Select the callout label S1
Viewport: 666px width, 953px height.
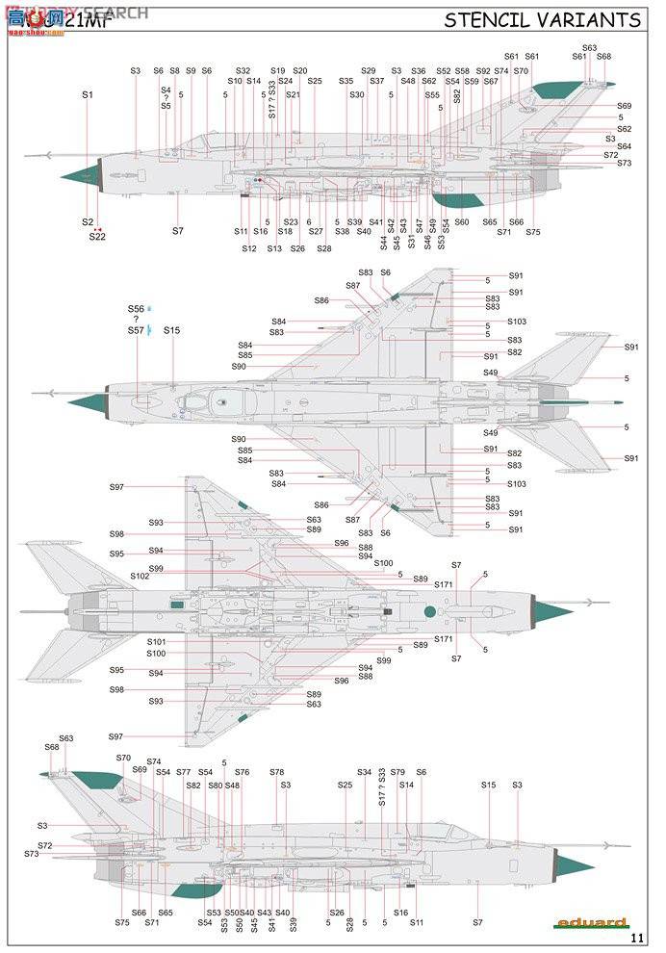click(x=88, y=94)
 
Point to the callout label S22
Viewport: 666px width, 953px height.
click(x=97, y=237)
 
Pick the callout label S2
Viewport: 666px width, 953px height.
click(x=88, y=222)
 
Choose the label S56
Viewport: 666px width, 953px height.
click(x=136, y=309)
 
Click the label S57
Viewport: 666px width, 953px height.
click(x=136, y=330)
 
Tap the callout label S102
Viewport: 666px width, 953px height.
click(x=141, y=576)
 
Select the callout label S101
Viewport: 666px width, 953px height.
click(x=157, y=641)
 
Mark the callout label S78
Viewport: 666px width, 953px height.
click(x=277, y=772)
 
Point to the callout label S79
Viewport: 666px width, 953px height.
click(x=398, y=772)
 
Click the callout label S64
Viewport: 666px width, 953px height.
click(x=624, y=146)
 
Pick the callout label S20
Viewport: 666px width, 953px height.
click(x=300, y=71)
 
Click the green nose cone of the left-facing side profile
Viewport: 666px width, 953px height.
click(x=81, y=175)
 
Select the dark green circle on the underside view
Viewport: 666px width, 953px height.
click(x=429, y=611)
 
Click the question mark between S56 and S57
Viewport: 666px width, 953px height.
click(x=136, y=320)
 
